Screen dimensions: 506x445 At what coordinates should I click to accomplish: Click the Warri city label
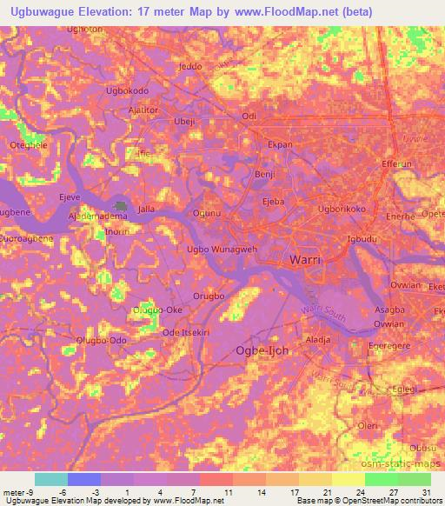[306, 260]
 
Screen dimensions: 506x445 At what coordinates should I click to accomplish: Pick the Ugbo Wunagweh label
[222, 249]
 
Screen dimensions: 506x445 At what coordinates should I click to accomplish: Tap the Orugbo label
[209, 296]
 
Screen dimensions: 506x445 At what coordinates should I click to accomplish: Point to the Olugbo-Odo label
[102, 340]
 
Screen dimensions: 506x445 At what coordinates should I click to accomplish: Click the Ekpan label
[280, 144]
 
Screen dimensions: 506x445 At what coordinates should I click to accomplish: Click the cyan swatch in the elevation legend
[50, 479]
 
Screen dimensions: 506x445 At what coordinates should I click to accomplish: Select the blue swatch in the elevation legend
[83, 479]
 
